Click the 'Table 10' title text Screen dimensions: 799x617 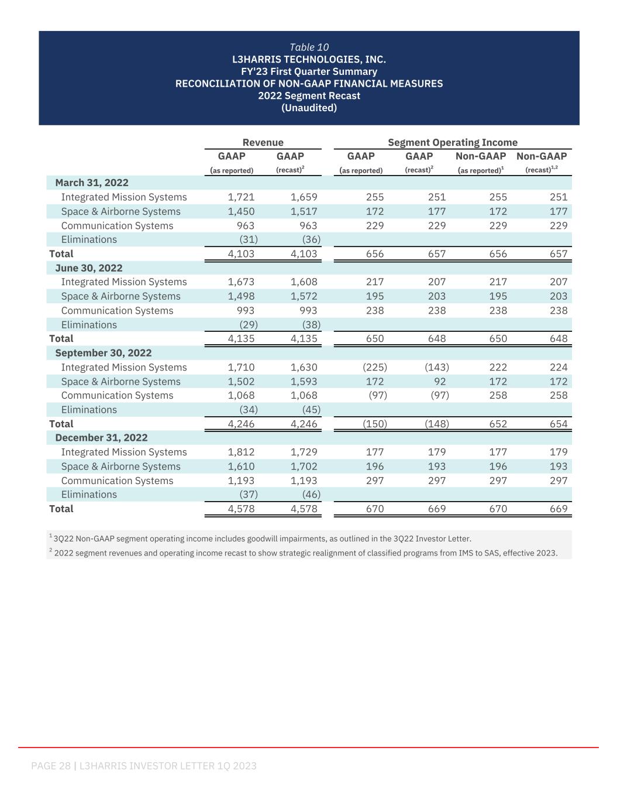click(309, 47)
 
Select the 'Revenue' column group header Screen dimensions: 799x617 click(263, 142)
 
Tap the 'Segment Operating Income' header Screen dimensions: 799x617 click(453, 142)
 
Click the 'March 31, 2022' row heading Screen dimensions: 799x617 click(92, 183)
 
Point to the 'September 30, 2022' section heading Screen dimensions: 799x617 click(103, 353)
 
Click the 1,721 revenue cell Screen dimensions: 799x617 click(241, 197)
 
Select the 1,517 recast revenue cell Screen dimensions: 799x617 click(304, 211)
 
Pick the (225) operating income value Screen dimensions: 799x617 click(375, 367)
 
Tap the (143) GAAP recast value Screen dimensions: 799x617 click(436, 367)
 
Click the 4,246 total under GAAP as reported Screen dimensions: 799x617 click(241, 424)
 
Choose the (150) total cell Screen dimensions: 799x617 click(375, 424)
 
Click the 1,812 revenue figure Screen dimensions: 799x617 click(241, 452)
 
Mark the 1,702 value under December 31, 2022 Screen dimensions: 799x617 click(304, 467)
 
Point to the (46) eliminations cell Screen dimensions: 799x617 click(311, 495)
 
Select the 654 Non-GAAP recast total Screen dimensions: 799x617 click(559, 424)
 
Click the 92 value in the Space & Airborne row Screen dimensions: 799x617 click(439, 382)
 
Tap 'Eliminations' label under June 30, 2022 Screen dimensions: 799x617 click(89, 325)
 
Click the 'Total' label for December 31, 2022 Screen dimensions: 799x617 click(61, 509)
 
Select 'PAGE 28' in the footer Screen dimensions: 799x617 click(51, 766)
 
